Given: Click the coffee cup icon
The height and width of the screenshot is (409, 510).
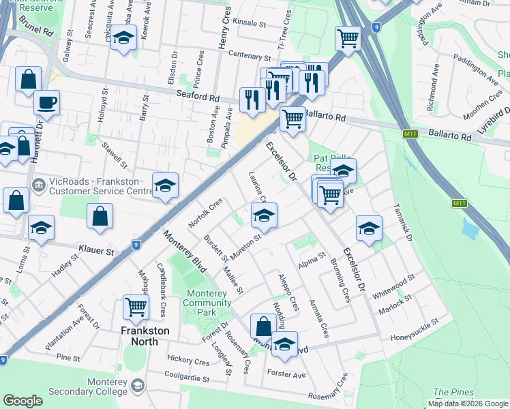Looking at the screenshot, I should coord(46,103).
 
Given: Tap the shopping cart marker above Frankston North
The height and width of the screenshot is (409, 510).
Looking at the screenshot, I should coord(136,307).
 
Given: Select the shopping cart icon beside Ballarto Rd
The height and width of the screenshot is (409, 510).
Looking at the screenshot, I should coord(292,119).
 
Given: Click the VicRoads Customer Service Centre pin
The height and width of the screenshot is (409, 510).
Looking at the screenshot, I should coord(37,183).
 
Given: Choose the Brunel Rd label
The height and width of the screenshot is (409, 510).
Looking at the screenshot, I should coord(37,31).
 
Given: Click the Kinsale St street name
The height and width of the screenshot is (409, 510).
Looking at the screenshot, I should coord(249,22).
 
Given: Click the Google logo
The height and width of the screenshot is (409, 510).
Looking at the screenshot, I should coord(22,401).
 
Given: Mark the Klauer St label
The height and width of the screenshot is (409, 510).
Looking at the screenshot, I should coord(95,251).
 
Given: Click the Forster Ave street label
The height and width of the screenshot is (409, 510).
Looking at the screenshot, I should coord(286,374).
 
